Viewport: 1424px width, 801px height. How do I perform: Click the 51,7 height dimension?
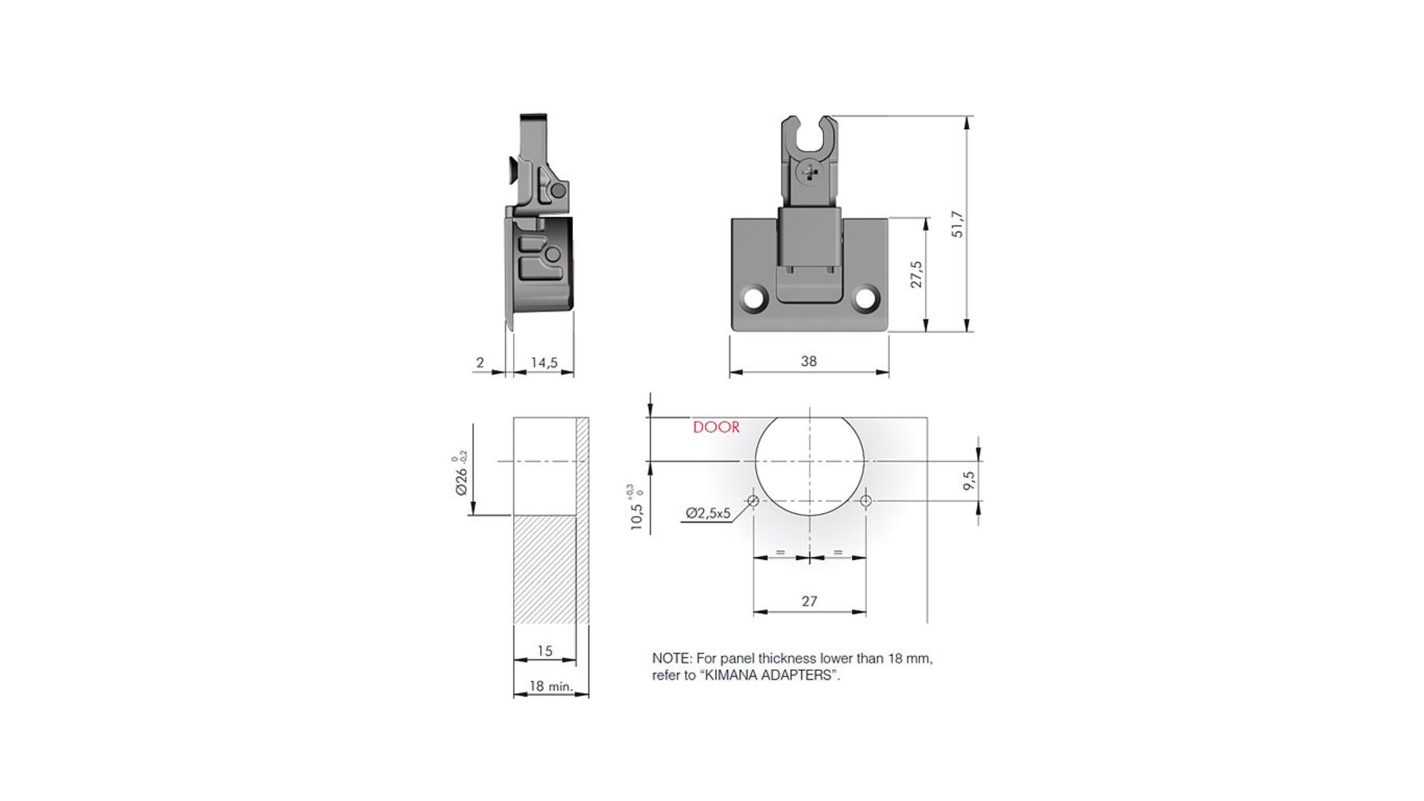click(957, 224)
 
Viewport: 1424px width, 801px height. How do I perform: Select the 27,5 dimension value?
click(917, 275)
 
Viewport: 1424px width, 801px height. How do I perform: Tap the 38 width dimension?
click(809, 361)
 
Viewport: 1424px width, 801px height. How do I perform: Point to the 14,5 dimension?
click(544, 363)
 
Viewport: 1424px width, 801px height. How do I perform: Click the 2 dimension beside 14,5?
click(480, 363)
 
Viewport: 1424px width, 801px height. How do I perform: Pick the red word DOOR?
click(716, 427)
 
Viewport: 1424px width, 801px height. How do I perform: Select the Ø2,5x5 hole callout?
click(708, 513)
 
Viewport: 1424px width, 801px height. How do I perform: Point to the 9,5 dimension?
click(968, 481)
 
